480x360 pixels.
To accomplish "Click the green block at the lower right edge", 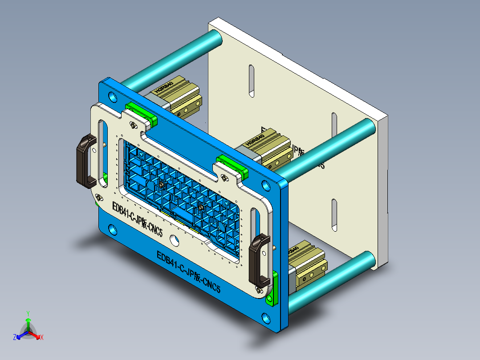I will (x=272, y=288).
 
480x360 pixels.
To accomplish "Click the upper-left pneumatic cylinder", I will (x=178, y=96).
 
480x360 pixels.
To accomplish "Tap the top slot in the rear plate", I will (x=251, y=81).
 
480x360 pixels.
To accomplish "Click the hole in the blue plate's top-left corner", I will (x=110, y=95).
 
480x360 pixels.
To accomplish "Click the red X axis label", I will (x=42, y=338).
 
